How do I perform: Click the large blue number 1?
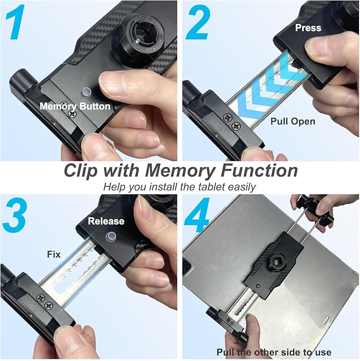pos(15,24)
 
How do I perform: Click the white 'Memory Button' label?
pos(75,106)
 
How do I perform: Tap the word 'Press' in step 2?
pos(308,27)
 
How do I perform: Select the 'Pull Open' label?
pos(293,121)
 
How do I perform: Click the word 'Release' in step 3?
pos(106,221)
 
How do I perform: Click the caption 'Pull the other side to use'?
pos(274,352)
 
